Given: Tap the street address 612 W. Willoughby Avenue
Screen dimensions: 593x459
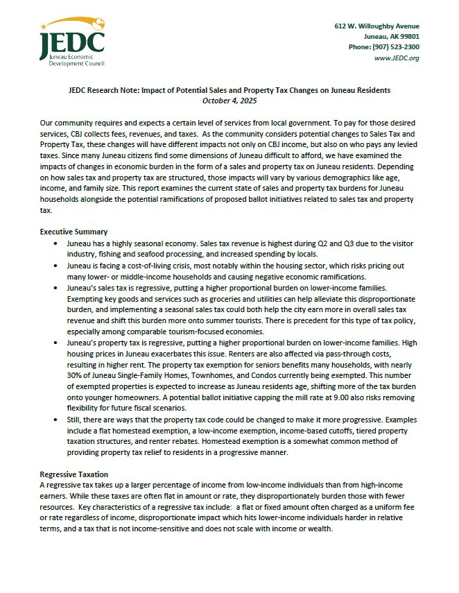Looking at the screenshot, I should point(376,26).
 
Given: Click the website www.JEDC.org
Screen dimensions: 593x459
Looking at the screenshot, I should point(397,58).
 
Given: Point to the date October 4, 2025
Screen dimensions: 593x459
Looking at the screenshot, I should point(229,100).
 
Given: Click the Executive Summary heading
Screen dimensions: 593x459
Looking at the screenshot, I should point(73,232).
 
